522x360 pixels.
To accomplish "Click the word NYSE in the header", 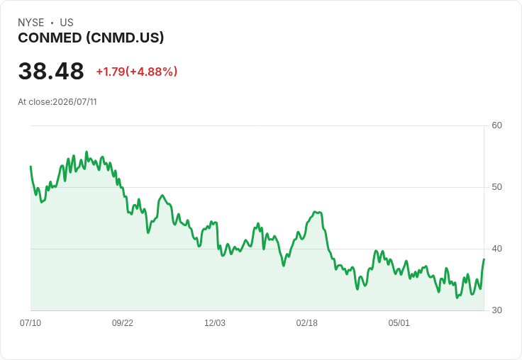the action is pos(31,23).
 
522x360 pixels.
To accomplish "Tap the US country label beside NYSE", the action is pos(67,23).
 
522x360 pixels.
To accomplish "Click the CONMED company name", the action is pos(50,38).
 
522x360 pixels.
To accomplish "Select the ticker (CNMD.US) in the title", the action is pos(125,38).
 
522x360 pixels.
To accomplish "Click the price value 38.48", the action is pos(51,71).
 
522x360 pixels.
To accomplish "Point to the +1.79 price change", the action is pos(111,72).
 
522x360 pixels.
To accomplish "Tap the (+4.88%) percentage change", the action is pos(151,72).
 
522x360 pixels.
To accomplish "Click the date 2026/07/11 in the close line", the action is pos(75,102).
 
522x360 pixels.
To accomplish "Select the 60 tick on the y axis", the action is pos(496,125).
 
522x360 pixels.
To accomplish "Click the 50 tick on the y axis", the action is pos(496,187).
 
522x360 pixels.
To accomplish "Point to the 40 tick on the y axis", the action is pos(496,249).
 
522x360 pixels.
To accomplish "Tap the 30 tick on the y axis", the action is pos(496,310).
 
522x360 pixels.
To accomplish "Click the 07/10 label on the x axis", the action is pos(30,322).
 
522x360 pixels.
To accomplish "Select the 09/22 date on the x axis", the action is pos(123,322).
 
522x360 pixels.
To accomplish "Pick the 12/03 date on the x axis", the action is pos(215,322).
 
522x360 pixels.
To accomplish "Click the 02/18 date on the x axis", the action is pos(307,322).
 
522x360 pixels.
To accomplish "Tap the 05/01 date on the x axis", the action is pos(399,322).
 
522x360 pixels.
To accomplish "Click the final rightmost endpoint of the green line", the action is pos(484,259).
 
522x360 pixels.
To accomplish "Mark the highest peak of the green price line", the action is pos(87,152).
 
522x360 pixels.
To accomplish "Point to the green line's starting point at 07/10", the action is pos(30,166).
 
